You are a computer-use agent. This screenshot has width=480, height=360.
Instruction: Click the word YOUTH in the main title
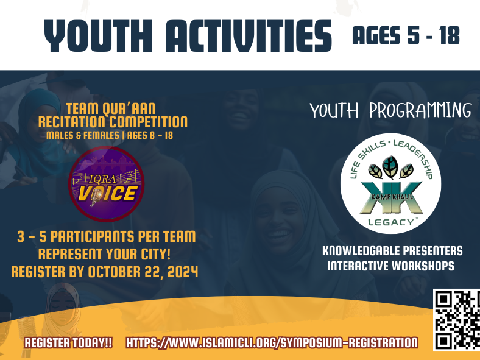click(x=98, y=36)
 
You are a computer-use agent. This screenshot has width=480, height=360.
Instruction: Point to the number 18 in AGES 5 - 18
click(x=450, y=35)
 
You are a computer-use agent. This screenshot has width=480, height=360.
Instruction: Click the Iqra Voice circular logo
click(x=106, y=184)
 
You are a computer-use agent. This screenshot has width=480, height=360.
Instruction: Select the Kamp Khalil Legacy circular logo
click(x=390, y=184)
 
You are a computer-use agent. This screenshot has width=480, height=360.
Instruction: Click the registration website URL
click(x=272, y=342)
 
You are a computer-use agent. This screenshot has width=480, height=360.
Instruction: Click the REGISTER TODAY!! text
click(x=68, y=342)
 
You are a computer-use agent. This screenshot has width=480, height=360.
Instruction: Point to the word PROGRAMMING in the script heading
click(x=420, y=110)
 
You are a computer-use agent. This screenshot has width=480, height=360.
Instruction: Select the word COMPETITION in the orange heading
click(x=149, y=122)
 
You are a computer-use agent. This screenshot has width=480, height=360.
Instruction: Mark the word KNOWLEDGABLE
click(x=361, y=251)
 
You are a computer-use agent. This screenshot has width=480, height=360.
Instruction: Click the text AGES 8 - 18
click(x=150, y=135)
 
